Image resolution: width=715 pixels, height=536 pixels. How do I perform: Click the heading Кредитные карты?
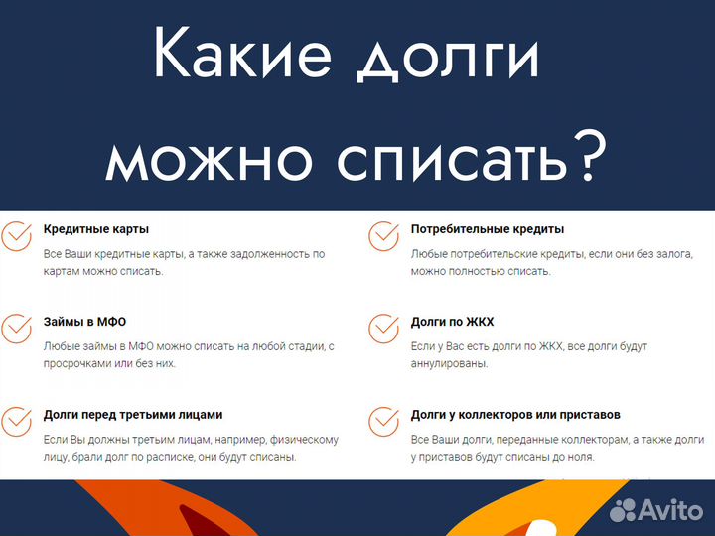[96, 229]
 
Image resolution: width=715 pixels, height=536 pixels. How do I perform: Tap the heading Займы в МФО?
[84, 322]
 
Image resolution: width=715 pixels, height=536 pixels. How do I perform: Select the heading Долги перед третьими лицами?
[133, 414]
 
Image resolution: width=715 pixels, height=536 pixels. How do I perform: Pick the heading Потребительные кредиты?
[488, 229]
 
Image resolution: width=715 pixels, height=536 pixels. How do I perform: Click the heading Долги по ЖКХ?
[452, 322]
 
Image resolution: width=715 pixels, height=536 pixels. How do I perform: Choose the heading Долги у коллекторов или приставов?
[529, 414]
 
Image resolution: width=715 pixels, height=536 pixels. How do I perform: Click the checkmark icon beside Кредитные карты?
[15, 236]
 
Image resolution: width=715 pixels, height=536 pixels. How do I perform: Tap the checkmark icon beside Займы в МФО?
[15, 329]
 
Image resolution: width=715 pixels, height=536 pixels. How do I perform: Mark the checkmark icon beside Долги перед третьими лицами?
[15, 421]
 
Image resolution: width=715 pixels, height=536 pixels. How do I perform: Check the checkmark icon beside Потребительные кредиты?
[383, 236]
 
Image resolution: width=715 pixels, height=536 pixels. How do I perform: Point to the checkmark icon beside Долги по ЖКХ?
[383, 329]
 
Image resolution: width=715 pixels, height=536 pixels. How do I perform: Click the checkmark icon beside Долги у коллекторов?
[383, 421]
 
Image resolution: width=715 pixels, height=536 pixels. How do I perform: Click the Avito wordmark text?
[670, 510]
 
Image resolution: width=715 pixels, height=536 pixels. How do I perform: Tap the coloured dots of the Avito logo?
[623, 510]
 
